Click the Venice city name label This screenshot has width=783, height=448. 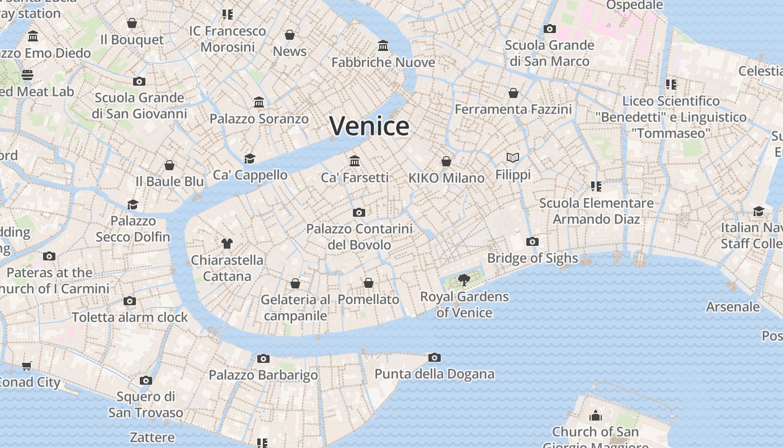(369, 126)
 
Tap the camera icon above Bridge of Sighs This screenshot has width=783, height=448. (532, 242)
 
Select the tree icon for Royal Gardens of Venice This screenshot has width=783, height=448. (464, 279)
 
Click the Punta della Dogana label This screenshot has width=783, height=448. (434, 374)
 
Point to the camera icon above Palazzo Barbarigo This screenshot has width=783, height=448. (263, 358)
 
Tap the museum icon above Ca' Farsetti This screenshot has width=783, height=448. (355, 161)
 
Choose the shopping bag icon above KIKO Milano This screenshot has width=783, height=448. (446, 162)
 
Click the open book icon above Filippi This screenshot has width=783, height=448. (513, 158)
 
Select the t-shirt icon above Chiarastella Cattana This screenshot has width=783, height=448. (227, 243)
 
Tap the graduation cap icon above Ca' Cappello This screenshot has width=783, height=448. (250, 159)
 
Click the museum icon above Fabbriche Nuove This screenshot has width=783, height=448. (383, 45)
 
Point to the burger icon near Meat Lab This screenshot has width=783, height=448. (27, 75)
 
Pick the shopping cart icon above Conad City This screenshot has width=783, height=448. (27, 366)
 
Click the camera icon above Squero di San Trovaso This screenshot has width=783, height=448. (146, 381)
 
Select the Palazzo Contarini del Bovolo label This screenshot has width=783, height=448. (359, 237)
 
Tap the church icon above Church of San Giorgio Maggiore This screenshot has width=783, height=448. (595, 416)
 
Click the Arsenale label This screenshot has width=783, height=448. (733, 307)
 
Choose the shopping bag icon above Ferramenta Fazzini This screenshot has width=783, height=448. (513, 93)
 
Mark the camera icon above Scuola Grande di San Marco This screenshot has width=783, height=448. (550, 29)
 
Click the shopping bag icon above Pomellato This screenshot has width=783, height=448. (369, 283)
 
